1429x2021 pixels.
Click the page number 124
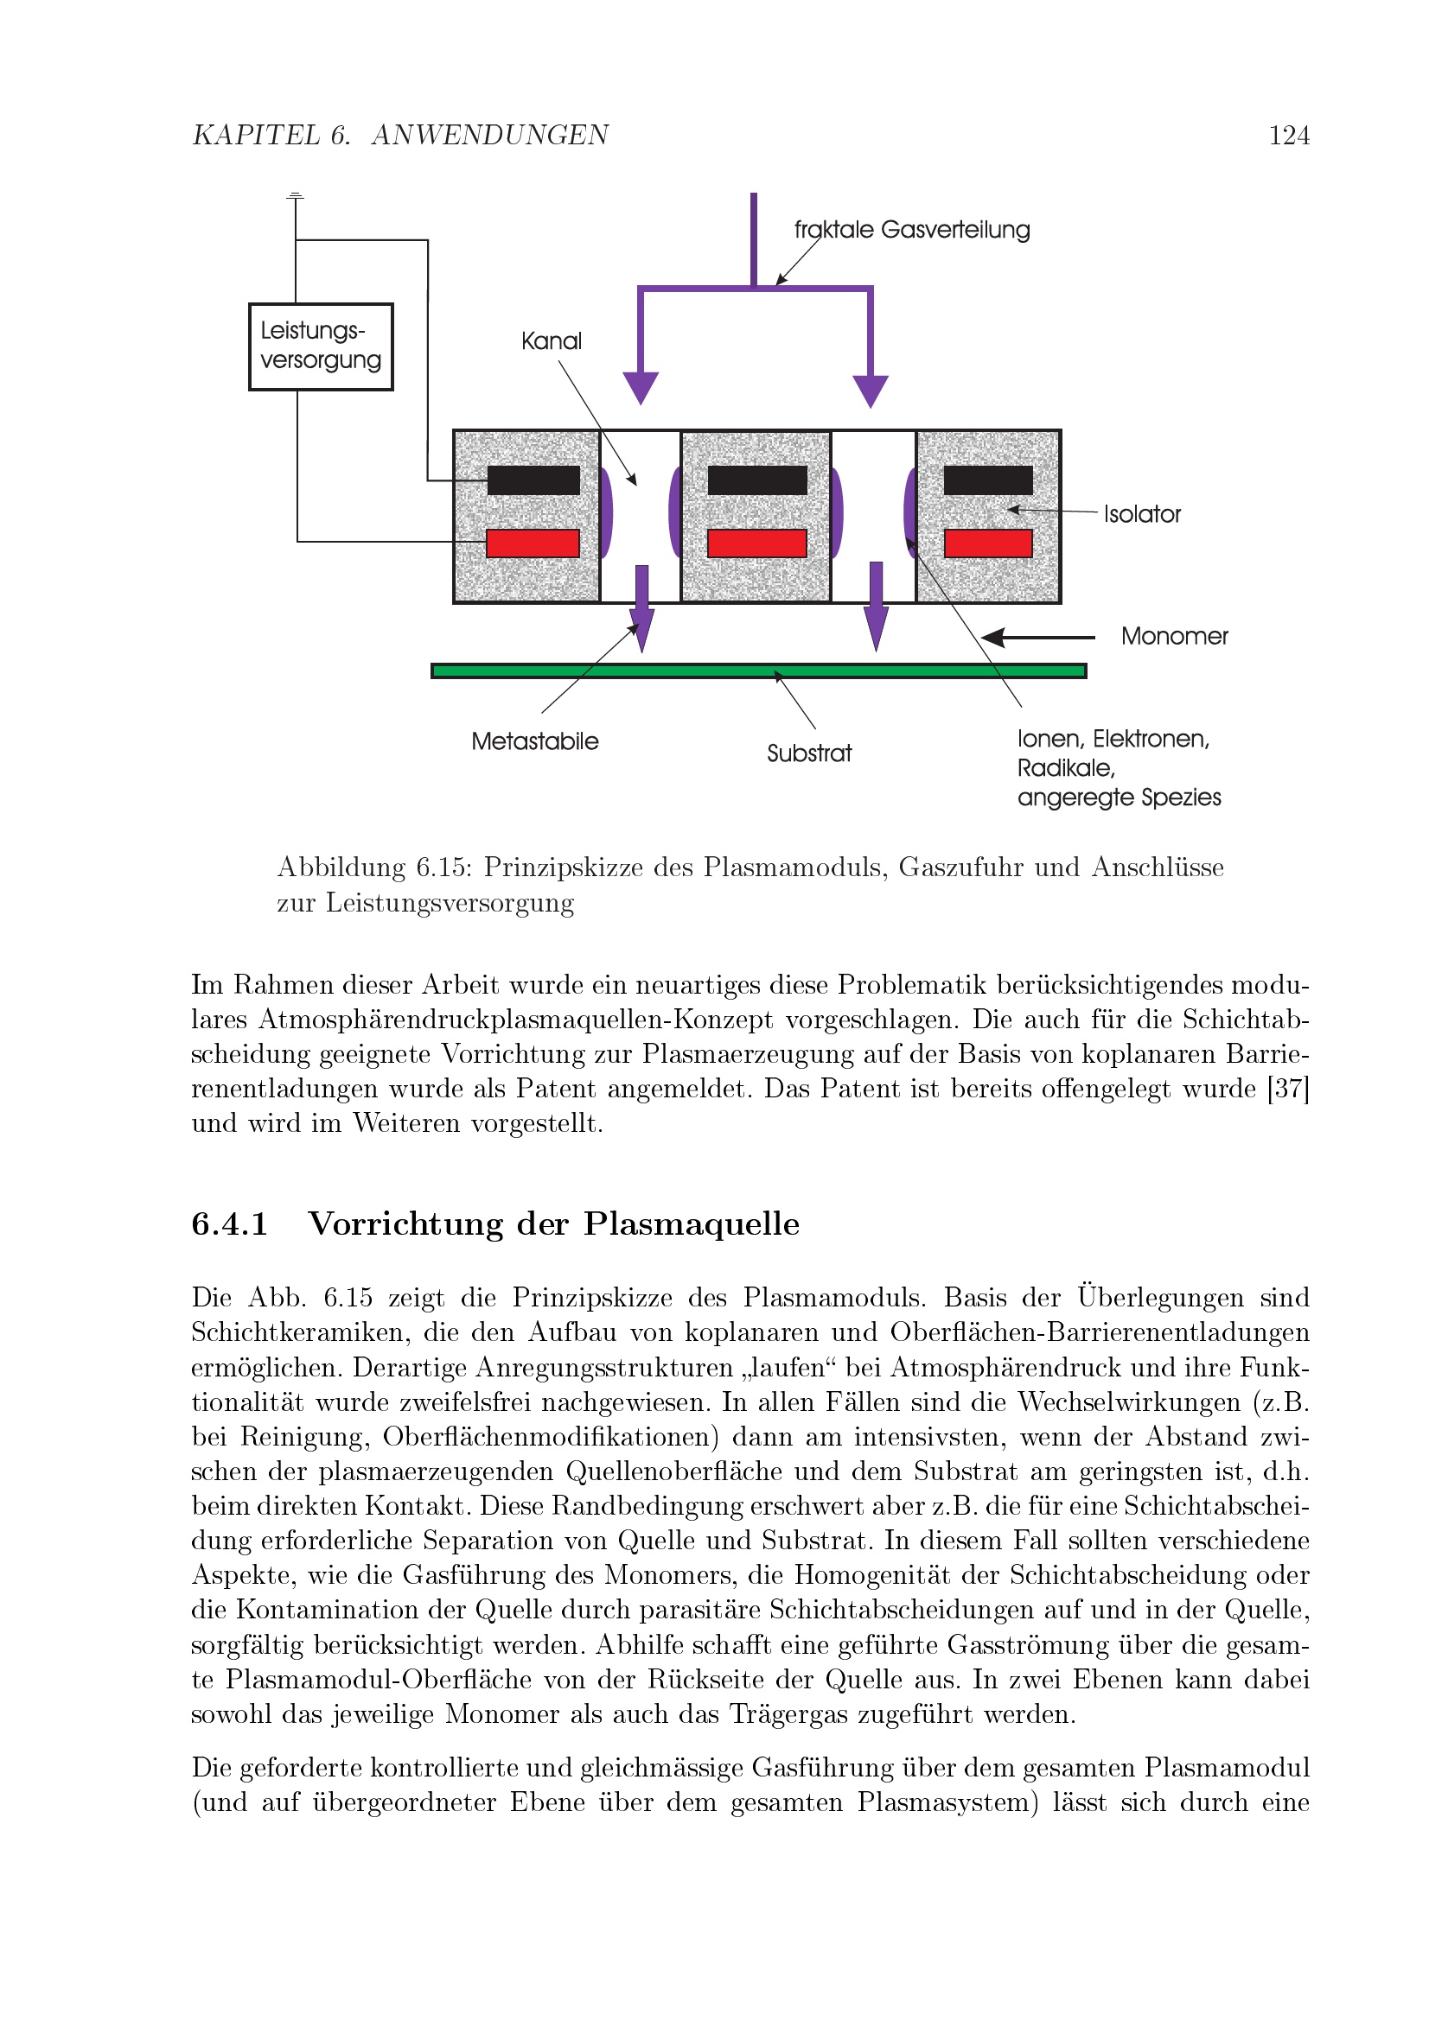[x=1288, y=136]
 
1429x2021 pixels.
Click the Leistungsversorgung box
[x=321, y=346]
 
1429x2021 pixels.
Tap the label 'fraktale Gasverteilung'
[x=911, y=230]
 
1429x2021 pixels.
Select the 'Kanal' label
[x=552, y=340]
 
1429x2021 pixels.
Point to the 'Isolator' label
[x=1142, y=514]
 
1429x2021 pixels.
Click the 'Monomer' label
[x=1174, y=636]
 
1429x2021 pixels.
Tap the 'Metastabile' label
[x=534, y=741]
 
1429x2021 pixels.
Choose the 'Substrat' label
[x=809, y=753]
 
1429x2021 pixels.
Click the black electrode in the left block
[x=533, y=480]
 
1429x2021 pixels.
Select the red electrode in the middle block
[x=757, y=543]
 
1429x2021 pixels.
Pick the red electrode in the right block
[x=988, y=543]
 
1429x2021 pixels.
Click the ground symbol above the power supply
[x=296, y=195]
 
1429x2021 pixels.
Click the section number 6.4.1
[x=229, y=1223]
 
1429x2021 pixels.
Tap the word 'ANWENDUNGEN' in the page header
[x=489, y=136]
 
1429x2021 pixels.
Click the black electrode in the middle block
[x=757, y=480]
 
